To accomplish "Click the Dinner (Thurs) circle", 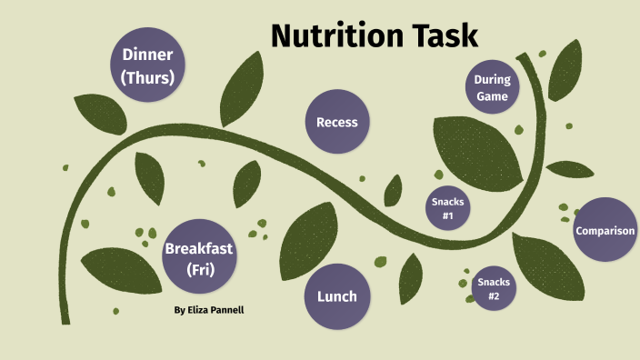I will pyautogui.click(x=146, y=65).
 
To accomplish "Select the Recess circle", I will pyautogui.click(x=337, y=122).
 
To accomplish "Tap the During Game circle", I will pyautogui.click(x=492, y=87).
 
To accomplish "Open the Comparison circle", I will pyautogui.click(x=605, y=230).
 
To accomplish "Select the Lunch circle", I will pyautogui.click(x=336, y=296).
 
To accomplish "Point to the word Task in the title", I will pyautogui.click(x=443, y=35).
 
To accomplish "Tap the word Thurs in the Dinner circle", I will pyautogui.click(x=147, y=77).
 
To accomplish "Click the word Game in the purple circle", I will pyautogui.click(x=492, y=95).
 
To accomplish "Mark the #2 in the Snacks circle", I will pyautogui.click(x=494, y=296).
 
